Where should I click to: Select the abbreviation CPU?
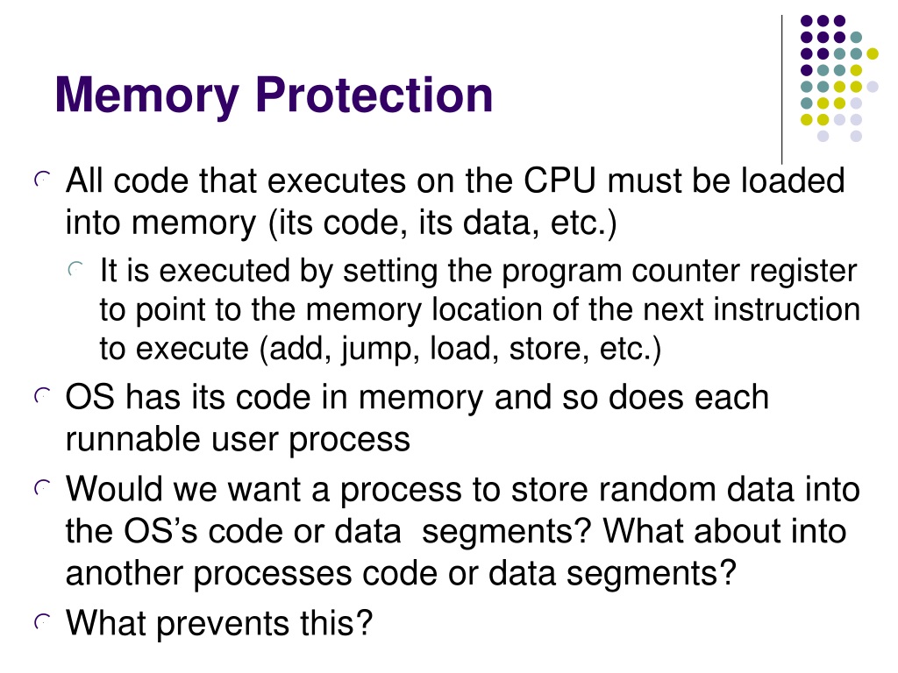point(560,181)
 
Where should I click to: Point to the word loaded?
point(793,181)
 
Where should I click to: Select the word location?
point(487,309)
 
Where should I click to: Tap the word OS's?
point(160,530)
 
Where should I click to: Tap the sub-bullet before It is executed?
point(75,269)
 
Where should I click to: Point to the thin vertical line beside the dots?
point(781,89)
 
